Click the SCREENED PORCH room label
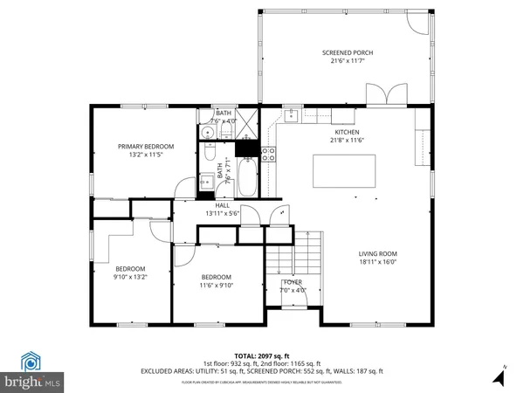[x=346, y=52]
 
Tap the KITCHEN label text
[x=346, y=132]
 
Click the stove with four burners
[x=270, y=155]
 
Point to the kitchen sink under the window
[x=292, y=114]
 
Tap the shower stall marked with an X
[x=248, y=124]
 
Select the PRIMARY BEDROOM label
[x=146, y=146]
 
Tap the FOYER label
[x=292, y=283]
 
